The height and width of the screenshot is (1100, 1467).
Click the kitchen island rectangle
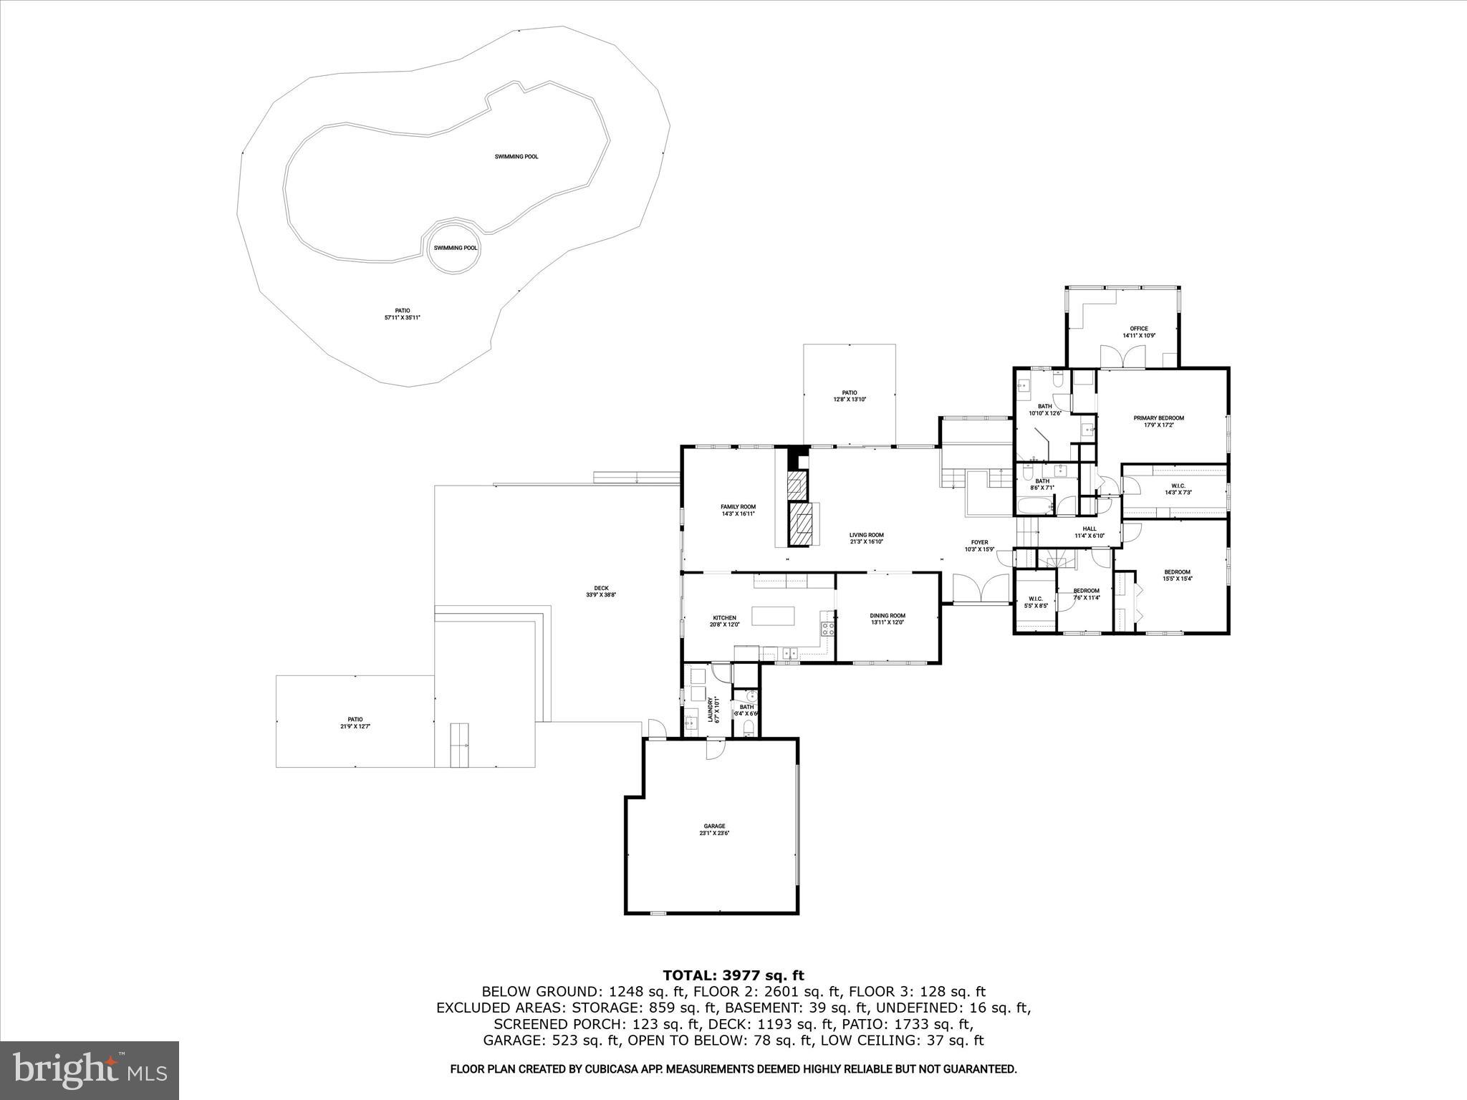coord(773,616)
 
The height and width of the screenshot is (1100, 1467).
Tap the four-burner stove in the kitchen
coord(827,629)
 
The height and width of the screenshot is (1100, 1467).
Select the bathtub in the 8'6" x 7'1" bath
coord(1034,508)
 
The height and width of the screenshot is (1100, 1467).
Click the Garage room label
coord(714,829)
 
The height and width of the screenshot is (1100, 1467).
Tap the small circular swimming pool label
coord(455,248)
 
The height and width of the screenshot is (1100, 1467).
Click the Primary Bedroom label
coord(1158,421)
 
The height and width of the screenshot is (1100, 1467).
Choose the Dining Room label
coord(888,619)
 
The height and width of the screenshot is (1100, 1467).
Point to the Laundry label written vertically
coord(711,710)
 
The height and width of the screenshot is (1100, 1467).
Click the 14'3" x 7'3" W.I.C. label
coord(1178,488)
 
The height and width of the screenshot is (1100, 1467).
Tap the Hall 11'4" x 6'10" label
coord(1090,532)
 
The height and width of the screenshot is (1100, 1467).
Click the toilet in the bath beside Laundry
coord(749,728)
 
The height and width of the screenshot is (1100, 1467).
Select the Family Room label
coord(738,510)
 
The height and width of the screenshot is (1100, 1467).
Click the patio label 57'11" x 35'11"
coord(402,314)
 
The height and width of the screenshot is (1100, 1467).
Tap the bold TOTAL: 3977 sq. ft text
coord(733,975)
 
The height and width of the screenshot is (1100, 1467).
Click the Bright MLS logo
coord(90,1070)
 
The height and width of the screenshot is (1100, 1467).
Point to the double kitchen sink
coord(791,652)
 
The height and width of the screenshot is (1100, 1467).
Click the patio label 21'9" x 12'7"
coord(355,723)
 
